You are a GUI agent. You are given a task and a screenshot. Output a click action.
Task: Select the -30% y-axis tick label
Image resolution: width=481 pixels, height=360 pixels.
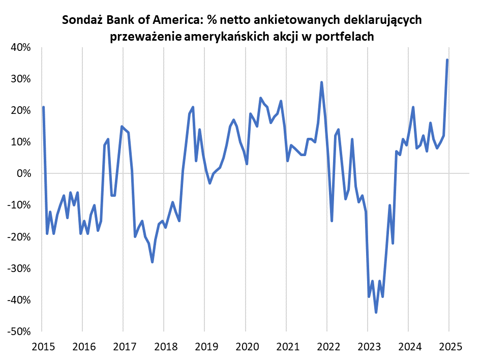pyautogui.click(x=19, y=268)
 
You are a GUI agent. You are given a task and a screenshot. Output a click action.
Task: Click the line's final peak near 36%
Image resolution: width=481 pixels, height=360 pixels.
pyautogui.click(x=447, y=60)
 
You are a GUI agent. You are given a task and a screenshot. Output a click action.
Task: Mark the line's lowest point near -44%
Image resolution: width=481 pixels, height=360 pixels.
pyautogui.click(x=376, y=312)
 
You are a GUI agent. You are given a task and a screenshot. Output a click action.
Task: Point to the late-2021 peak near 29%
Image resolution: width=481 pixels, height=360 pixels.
pyautogui.click(x=322, y=82)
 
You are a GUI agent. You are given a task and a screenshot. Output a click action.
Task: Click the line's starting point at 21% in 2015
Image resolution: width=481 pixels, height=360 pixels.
pyautogui.click(x=44, y=107)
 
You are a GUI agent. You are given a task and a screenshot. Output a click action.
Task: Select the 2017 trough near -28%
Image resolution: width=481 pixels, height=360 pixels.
pyautogui.click(x=152, y=262)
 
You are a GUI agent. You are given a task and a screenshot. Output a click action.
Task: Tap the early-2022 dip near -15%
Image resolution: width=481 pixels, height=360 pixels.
pyautogui.click(x=332, y=221)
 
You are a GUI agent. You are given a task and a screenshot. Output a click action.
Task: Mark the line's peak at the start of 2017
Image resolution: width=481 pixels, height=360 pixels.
pyautogui.click(x=122, y=127)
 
